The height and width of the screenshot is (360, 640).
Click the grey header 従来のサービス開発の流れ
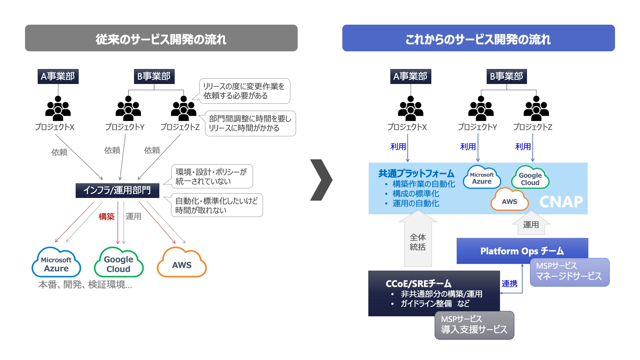click(161, 38)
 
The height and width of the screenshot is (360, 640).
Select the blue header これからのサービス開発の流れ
click(478, 38)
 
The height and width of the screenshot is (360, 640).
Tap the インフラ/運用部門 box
click(117, 190)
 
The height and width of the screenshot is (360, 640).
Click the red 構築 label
click(106, 217)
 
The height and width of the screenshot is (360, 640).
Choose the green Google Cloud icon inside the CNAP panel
click(530, 178)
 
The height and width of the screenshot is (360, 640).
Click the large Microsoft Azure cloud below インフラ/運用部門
click(56, 264)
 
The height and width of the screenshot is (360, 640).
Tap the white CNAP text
click(561, 202)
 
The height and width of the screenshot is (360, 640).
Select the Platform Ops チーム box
click(522, 251)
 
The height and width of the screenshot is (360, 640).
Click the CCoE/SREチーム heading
click(418, 284)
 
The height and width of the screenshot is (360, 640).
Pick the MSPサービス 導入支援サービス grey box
click(474, 325)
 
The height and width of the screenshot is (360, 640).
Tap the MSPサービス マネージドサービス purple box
click(569, 272)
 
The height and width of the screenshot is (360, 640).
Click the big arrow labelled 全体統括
click(418, 242)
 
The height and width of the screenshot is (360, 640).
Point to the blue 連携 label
click(509, 284)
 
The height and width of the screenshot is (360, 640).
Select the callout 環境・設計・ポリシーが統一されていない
click(212, 177)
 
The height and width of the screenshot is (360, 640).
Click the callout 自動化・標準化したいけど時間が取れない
click(217, 205)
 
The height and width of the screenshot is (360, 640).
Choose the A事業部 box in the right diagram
click(410, 76)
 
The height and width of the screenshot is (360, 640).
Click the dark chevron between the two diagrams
click(321, 180)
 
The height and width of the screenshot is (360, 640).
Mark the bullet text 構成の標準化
click(416, 194)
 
